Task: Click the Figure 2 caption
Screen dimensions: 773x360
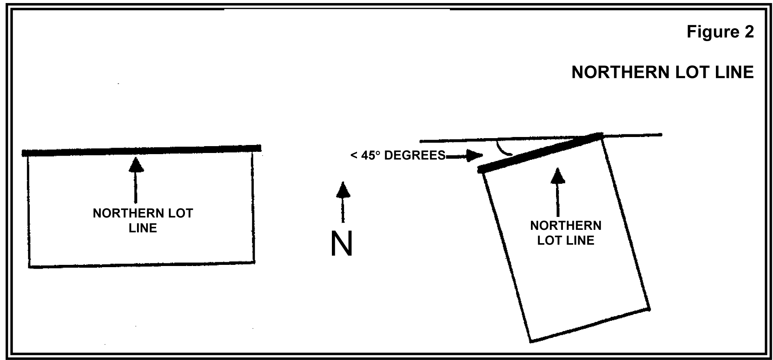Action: point(720,32)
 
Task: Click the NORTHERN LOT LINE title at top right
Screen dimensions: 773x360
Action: point(662,72)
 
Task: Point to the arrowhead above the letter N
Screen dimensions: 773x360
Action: point(343,190)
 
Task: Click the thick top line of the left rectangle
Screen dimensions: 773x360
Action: point(142,151)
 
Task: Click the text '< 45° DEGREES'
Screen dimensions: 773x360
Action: point(398,156)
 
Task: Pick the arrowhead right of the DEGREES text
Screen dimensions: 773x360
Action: point(475,155)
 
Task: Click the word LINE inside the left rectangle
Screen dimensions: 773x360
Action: point(143,228)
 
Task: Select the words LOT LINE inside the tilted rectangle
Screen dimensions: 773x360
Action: point(566,241)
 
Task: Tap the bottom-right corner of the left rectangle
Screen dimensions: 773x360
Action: point(254,262)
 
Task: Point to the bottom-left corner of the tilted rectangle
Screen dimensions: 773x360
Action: point(531,341)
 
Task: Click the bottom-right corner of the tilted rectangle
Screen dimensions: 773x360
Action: point(649,309)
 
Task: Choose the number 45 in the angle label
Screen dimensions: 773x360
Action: point(368,156)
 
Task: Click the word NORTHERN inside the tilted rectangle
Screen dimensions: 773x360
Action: point(566,226)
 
